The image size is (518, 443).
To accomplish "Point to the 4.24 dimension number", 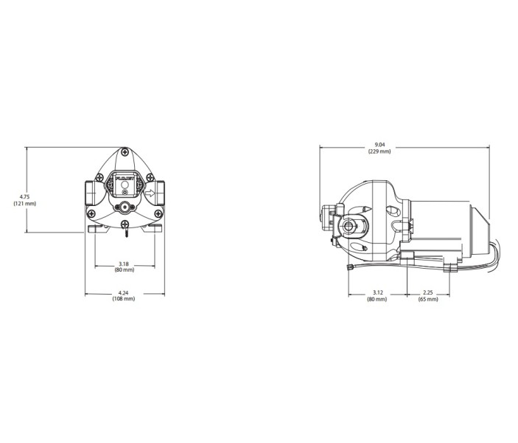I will [124, 292].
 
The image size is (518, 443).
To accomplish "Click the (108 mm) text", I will [124, 299].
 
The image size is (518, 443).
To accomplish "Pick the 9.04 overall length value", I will [379, 144].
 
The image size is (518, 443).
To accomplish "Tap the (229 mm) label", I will [379, 151].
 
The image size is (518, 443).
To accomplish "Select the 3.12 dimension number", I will [378, 292].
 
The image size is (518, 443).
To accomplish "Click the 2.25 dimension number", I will [428, 292].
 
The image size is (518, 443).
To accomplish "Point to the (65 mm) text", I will [428, 299].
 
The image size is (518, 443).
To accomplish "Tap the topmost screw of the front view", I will [124, 154].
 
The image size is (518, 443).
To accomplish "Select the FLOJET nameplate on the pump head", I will [123, 179].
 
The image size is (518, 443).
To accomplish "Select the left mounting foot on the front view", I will [97, 229].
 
